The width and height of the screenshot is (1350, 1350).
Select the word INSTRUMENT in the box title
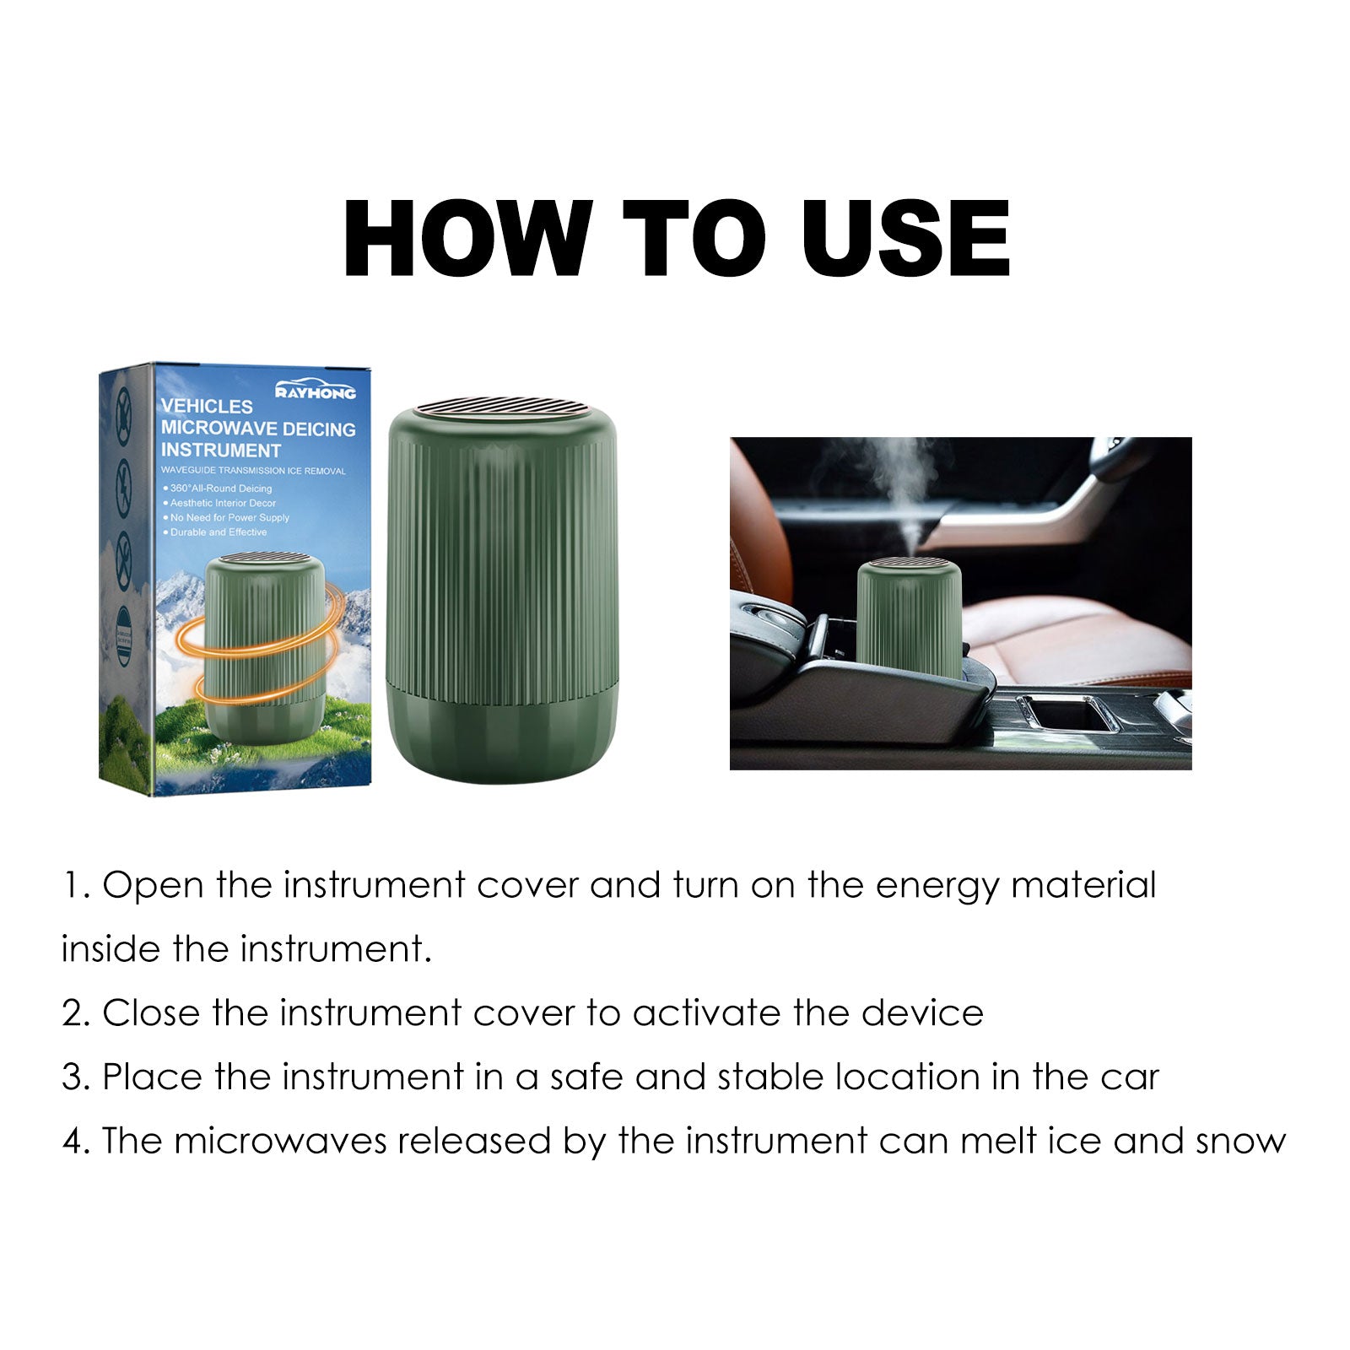(x=220, y=451)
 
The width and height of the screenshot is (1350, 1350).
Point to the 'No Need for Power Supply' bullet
(x=229, y=518)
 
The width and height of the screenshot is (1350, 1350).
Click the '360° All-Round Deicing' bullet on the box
(x=220, y=489)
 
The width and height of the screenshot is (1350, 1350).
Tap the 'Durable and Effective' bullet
(x=218, y=532)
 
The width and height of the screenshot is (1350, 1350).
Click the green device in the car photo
(x=908, y=620)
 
